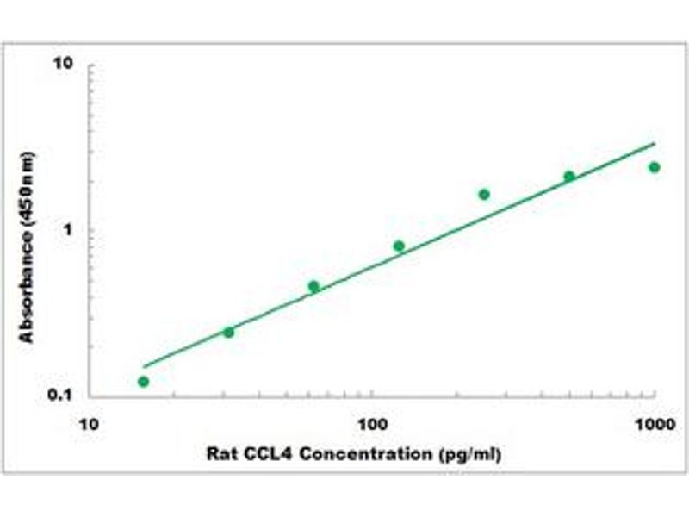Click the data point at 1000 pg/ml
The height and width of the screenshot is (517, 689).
tap(655, 167)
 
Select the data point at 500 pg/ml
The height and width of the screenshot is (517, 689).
tap(569, 177)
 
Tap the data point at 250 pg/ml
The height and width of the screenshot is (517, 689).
tap(484, 195)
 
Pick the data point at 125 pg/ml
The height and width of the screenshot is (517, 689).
tap(399, 246)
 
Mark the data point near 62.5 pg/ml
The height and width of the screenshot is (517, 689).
tap(313, 286)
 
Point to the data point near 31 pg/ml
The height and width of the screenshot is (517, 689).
tap(228, 332)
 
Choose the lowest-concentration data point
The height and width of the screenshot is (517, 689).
tap(143, 381)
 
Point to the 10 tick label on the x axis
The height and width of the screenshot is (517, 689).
tap(87, 425)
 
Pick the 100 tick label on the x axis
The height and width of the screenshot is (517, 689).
tap(371, 425)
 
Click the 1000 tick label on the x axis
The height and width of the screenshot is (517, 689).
tap(655, 425)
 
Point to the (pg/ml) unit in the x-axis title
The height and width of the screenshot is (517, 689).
tap(469, 454)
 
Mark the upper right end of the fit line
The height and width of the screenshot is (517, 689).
tap(655, 144)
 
